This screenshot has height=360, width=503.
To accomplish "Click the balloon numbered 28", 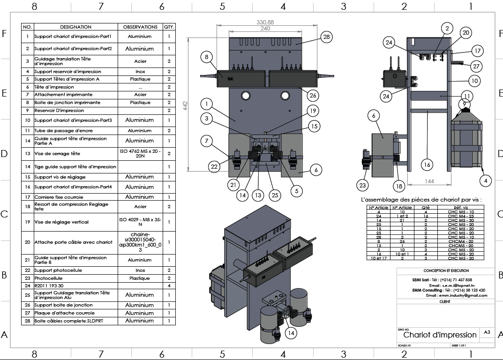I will [327, 37].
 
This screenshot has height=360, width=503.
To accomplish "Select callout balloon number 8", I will [207, 57].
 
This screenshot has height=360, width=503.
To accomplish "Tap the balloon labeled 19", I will [312, 111].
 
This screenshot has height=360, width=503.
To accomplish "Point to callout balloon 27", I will [476, 66].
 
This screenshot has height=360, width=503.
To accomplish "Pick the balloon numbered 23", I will [362, 185].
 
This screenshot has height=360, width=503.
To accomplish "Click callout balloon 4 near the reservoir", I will [486, 180].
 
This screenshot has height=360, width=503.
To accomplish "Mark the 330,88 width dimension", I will [265, 22].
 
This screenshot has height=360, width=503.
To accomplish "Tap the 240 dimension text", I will [265, 29].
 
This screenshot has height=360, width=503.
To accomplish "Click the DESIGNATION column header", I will [75, 27].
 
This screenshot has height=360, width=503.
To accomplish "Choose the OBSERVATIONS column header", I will [140, 27].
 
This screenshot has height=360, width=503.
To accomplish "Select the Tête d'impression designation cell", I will [54, 87].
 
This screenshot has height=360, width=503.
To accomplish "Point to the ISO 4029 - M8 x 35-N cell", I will [140, 222].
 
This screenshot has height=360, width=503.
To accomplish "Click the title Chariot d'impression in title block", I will [439, 335].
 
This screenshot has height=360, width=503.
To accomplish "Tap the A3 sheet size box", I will [487, 332].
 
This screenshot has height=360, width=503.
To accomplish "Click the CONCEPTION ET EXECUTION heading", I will [446, 271].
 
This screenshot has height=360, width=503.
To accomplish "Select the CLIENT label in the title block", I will [445, 302].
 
